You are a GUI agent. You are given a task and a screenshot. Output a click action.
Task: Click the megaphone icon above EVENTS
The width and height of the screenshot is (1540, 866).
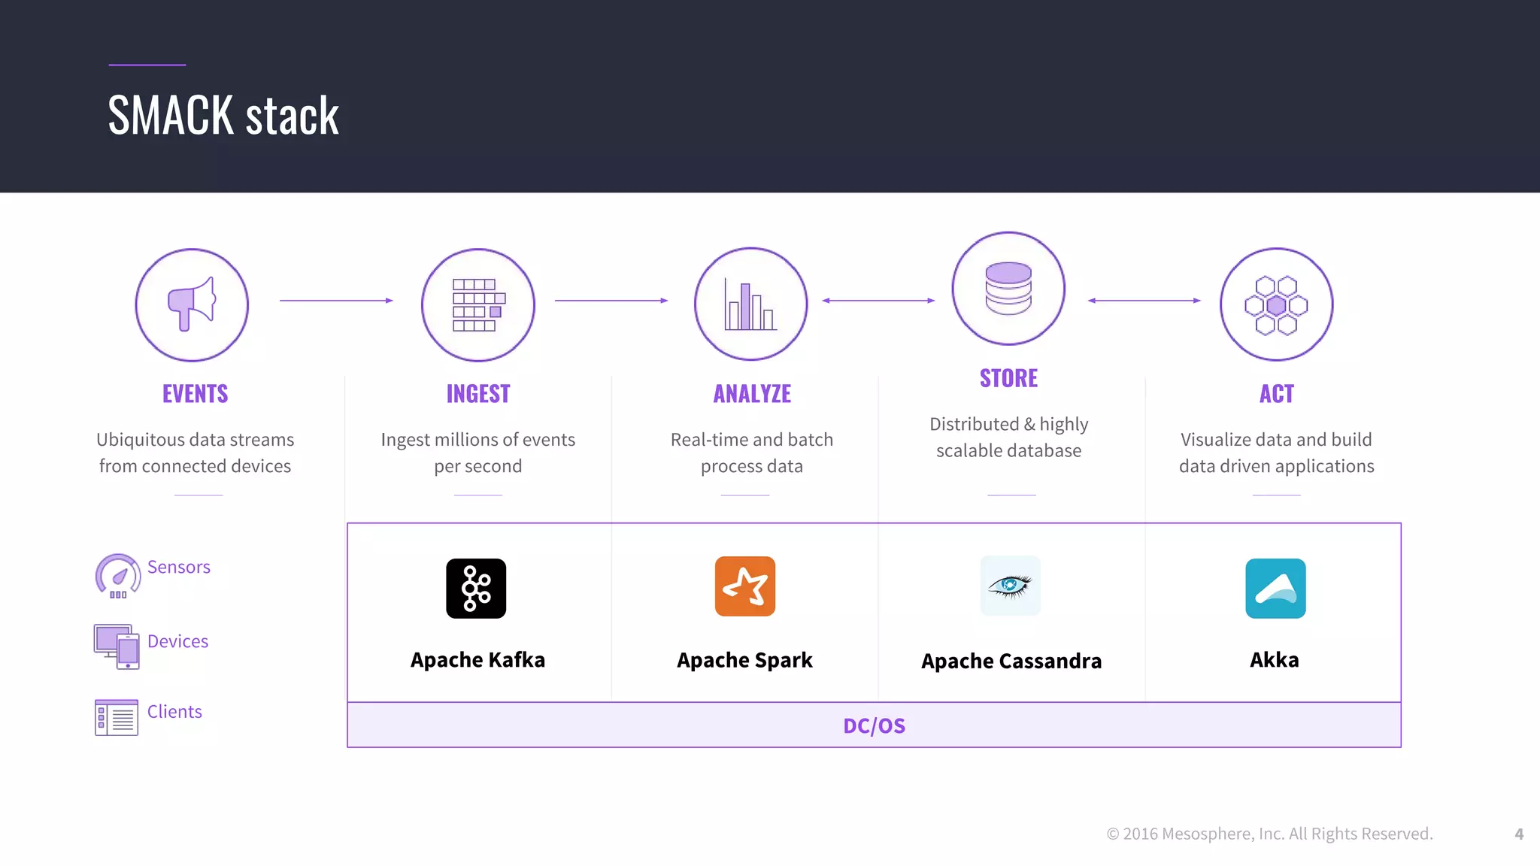pyautogui.click(x=192, y=304)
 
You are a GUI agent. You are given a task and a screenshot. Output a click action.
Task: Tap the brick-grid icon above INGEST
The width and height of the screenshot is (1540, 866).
pyautogui.click(x=478, y=304)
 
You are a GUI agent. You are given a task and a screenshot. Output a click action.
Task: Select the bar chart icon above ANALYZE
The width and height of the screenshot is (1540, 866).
pyautogui.click(x=750, y=304)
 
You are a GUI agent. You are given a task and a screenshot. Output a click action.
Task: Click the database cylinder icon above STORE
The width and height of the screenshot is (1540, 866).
pyautogui.click(x=1008, y=289)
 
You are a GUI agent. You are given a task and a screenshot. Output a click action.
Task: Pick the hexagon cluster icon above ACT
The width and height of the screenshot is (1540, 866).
pyautogui.click(x=1276, y=304)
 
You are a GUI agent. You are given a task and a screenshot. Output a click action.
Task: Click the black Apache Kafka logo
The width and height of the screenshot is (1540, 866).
pyautogui.click(x=476, y=589)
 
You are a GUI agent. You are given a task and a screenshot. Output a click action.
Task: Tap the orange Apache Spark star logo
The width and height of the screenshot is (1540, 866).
pyautogui.click(x=745, y=586)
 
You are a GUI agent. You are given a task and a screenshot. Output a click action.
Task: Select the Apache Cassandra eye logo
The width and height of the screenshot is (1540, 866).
pyautogui.click(x=1011, y=586)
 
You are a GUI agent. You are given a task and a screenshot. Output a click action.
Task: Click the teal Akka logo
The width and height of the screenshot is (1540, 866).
pyautogui.click(x=1275, y=589)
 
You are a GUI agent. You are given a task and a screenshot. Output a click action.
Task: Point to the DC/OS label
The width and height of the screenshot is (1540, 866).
pyautogui.click(x=874, y=725)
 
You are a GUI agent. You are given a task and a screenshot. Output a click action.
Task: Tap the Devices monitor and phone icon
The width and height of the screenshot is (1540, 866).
pyautogui.click(x=117, y=646)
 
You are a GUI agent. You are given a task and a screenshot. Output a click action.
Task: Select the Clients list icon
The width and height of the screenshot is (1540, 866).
pyautogui.click(x=117, y=717)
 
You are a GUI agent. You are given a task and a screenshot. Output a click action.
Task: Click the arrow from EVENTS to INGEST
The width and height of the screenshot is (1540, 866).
pyautogui.click(x=336, y=301)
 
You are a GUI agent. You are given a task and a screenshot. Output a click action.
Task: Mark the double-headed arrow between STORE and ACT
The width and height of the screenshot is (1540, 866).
pyautogui.click(x=1144, y=301)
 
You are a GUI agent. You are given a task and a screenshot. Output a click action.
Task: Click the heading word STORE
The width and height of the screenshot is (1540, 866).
pyautogui.click(x=1008, y=378)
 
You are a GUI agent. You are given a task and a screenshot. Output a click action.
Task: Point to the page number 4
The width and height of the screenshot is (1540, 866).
pyautogui.click(x=1519, y=834)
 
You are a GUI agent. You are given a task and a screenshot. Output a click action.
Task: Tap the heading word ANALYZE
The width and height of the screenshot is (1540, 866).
pyautogui.click(x=752, y=394)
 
